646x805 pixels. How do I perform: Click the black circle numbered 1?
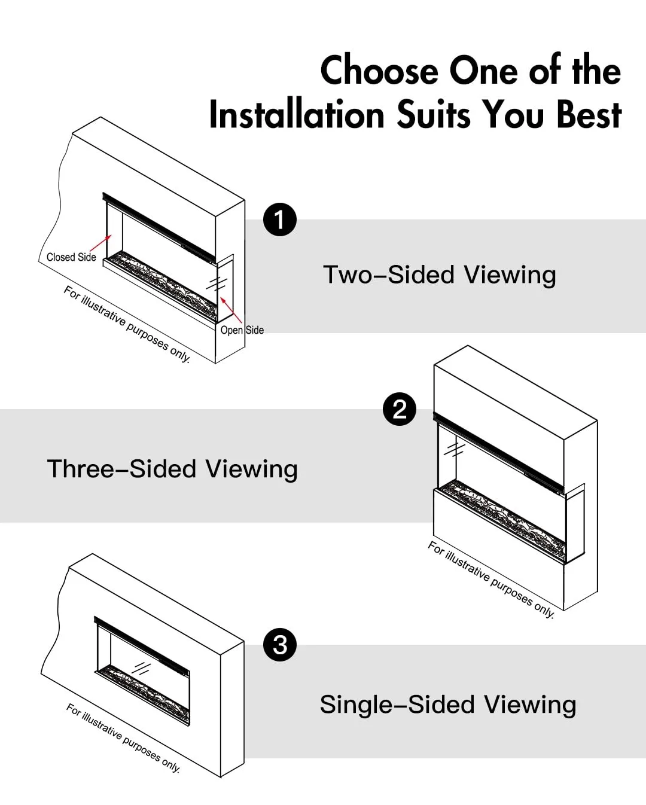[280, 219]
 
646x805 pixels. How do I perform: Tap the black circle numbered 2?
[400, 409]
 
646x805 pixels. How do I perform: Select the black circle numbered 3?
[280, 645]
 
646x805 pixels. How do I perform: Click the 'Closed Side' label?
[71, 257]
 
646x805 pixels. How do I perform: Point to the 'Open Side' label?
[242, 330]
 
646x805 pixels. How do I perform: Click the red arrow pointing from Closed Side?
[100, 243]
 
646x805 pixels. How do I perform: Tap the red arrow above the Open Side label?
[231, 310]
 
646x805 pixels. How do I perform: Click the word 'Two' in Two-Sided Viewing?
[348, 275]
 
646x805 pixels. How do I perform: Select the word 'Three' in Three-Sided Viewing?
[80, 469]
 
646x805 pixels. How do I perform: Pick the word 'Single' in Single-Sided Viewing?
[356, 705]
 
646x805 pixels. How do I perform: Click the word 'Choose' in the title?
[379, 71]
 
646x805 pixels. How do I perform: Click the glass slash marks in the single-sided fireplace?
[142, 668]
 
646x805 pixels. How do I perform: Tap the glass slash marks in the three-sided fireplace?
[454, 449]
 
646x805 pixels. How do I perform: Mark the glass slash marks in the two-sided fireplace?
[217, 284]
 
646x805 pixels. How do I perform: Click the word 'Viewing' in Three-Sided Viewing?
[252, 469]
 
